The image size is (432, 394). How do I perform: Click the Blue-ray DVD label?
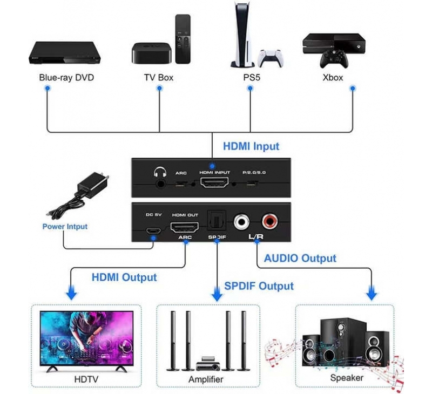[x=66, y=78]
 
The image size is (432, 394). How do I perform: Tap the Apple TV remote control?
[x=183, y=39]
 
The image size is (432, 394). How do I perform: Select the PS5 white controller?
[x=270, y=58]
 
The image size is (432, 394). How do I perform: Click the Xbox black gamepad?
[x=334, y=59]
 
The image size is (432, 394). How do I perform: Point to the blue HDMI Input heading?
[x=251, y=146]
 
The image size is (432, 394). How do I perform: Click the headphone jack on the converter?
[x=160, y=183]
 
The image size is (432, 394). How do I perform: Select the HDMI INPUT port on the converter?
[x=214, y=182]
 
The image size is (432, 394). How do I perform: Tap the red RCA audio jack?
[x=269, y=222]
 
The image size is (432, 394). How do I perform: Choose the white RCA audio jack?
[x=242, y=222]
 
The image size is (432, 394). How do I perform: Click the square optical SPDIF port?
[x=217, y=220]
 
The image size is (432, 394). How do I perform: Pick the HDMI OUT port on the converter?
[x=185, y=227]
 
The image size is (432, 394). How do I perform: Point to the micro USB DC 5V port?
[x=153, y=230]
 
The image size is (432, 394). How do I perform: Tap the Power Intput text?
[x=65, y=227]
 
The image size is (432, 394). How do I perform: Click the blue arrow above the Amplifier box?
[x=217, y=294]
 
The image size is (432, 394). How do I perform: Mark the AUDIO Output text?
[x=300, y=259]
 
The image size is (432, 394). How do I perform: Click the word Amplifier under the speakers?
[x=206, y=379]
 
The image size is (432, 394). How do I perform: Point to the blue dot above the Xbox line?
[x=353, y=89]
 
